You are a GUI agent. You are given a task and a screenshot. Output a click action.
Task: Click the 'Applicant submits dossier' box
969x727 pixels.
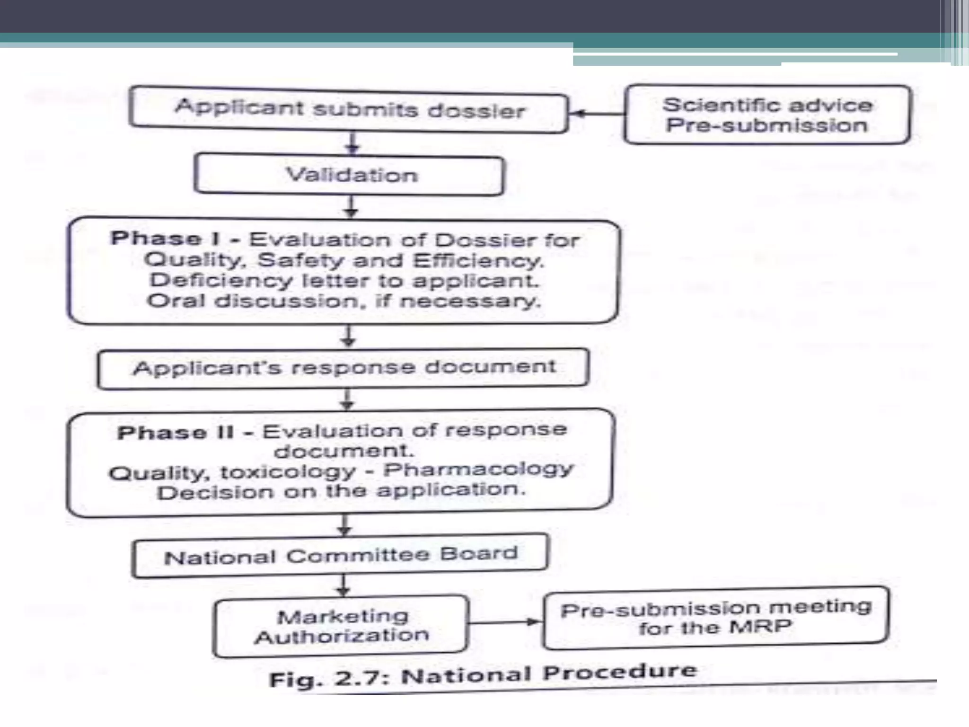point(349,109)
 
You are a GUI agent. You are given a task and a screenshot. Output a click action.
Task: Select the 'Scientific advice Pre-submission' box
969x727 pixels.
point(767,115)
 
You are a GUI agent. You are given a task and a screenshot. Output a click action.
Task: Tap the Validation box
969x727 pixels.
point(350,175)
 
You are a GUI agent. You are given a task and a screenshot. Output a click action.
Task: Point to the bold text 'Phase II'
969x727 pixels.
point(176,433)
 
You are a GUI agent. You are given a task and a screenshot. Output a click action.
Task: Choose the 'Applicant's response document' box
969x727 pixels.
point(344,368)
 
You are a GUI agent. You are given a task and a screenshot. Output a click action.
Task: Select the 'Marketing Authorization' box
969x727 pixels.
point(341,626)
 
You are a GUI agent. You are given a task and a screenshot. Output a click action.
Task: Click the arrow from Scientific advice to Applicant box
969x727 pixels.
point(596,114)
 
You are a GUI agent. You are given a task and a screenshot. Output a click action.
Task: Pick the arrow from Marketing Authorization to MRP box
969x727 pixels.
point(505,622)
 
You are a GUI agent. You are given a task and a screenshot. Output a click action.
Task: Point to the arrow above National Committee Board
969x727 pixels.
point(344,525)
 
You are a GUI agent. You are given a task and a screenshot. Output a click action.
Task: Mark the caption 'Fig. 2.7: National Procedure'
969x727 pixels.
point(483,675)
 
